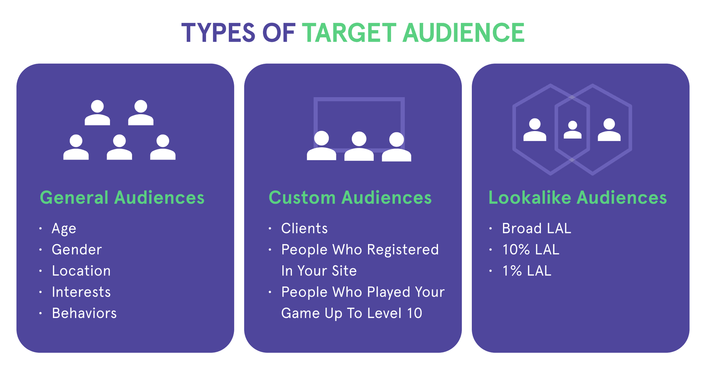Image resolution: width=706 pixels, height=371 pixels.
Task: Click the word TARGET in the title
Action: tap(349, 33)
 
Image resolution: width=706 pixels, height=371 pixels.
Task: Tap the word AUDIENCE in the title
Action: tap(463, 33)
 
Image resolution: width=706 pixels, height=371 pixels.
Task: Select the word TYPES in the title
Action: tap(218, 33)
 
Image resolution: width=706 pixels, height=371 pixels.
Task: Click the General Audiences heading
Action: tap(122, 198)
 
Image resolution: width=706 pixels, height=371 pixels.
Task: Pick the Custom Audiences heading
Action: tap(350, 198)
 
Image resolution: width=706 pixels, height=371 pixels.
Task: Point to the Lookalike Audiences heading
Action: tap(577, 198)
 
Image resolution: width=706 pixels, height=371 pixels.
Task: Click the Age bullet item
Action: tap(64, 229)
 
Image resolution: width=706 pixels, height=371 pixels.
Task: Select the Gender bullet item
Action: tap(76, 250)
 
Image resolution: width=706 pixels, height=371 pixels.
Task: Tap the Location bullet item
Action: tap(81, 271)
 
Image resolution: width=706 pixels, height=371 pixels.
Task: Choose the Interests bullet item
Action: tap(81, 292)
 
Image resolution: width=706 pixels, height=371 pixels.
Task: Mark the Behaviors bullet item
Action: tap(84, 313)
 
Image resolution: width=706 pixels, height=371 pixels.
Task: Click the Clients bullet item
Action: tap(304, 229)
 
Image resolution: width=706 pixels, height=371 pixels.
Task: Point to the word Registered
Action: tap(403, 250)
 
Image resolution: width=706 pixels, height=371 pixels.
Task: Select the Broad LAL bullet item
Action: tap(536, 229)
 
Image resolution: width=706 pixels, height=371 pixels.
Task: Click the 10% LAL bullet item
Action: tap(531, 250)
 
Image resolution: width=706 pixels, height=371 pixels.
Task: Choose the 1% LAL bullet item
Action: tap(527, 271)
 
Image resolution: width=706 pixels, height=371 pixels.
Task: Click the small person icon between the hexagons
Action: tap(573, 130)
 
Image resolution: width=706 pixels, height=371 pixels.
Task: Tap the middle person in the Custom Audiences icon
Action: tap(359, 146)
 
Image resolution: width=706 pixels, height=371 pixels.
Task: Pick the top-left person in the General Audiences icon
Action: tap(97, 113)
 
